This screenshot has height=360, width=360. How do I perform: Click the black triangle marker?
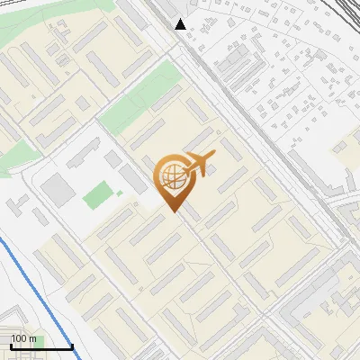point(181,24)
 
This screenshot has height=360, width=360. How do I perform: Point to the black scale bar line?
point(40,346)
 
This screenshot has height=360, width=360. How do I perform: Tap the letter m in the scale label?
point(33,338)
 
